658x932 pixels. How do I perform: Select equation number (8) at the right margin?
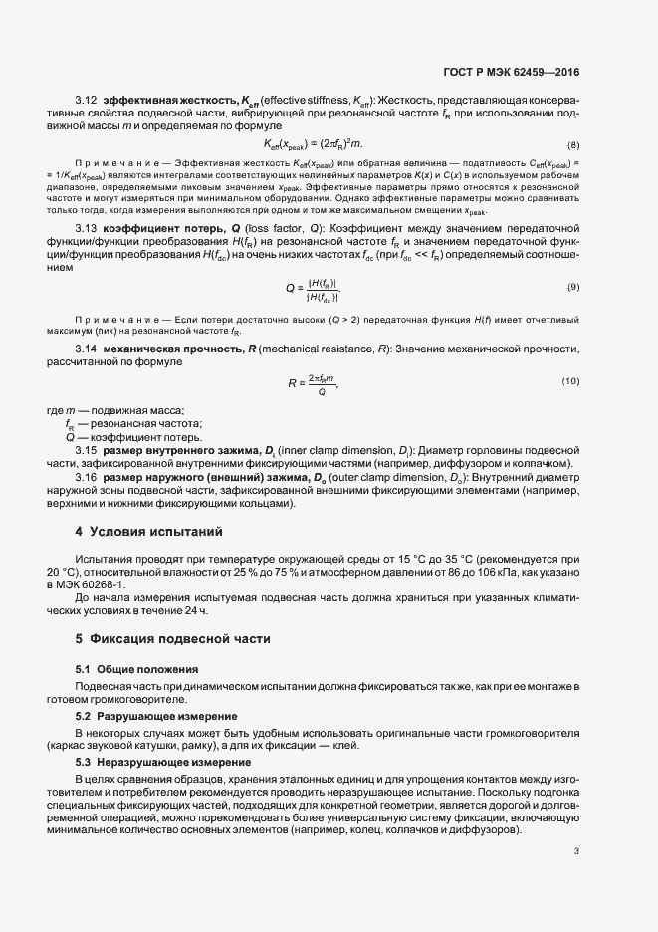click(573, 145)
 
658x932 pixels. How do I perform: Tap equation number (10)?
click(570, 381)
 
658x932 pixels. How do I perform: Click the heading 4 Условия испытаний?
click(149, 531)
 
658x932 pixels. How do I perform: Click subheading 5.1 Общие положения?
click(137, 668)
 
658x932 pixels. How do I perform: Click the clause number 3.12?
click(86, 101)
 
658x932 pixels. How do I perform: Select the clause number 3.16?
click(86, 477)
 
